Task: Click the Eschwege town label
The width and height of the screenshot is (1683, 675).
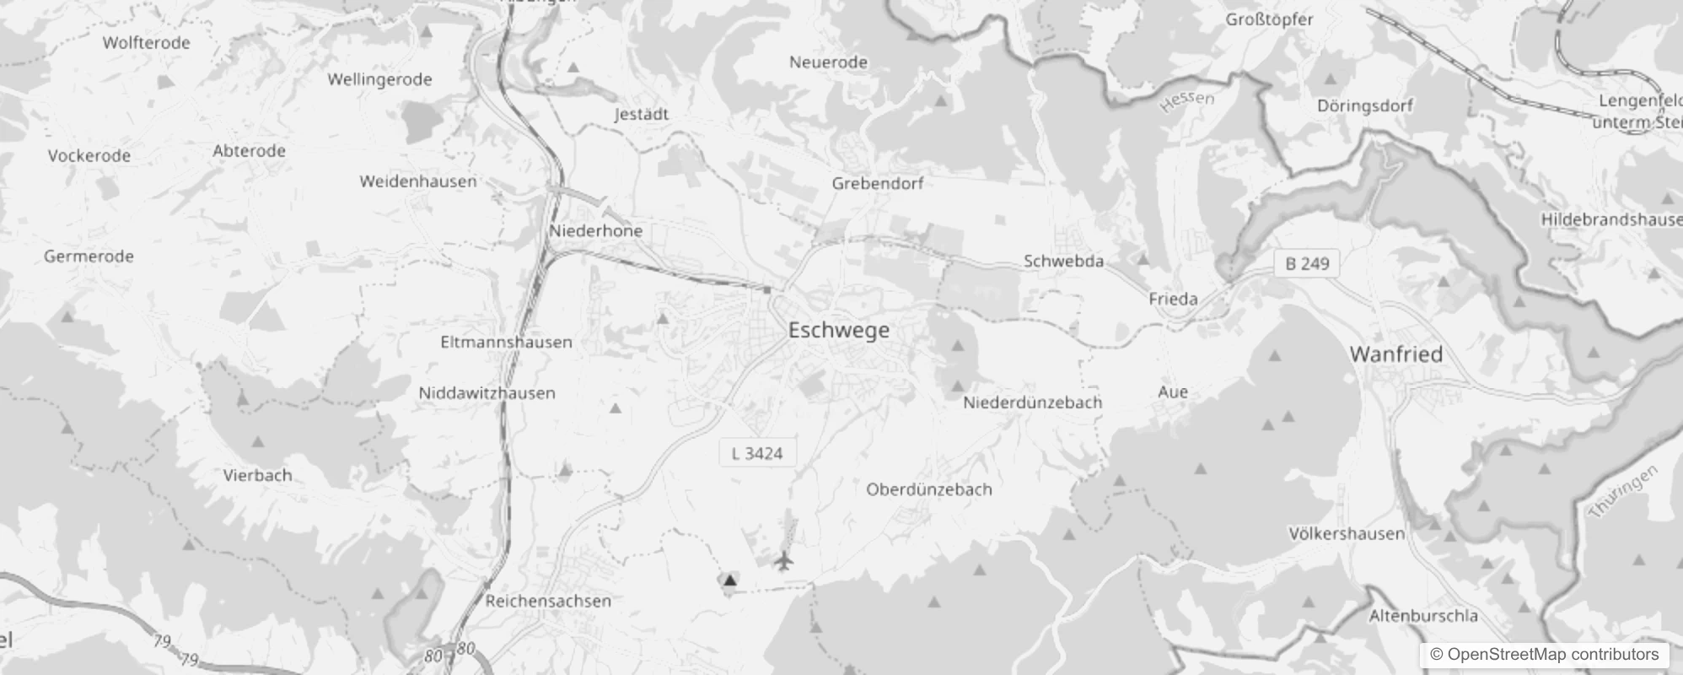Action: pos(838,330)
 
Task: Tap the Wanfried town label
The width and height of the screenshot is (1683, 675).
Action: pos(1395,354)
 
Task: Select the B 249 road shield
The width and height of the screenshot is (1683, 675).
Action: pos(1306,264)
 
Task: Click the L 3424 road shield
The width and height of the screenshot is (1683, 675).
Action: pos(757,454)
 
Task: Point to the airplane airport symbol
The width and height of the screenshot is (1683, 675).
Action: pos(784,560)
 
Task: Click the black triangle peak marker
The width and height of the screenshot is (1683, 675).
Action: pos(730,580)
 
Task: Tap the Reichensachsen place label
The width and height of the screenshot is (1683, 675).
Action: pos(548,602)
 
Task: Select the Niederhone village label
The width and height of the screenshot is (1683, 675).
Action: pos(595,231)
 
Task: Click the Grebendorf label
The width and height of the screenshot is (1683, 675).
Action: pos(877,184)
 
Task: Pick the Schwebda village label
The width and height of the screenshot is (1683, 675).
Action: pos(1063,262)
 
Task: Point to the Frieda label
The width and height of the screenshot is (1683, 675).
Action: pos(1173,299)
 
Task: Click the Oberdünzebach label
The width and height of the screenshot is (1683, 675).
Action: pos(928,489)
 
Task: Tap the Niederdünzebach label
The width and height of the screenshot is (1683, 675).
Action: pos(1032,403)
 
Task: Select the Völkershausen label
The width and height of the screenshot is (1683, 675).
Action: pos(1347,534)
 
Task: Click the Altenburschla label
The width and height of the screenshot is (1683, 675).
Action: pos(1423,616)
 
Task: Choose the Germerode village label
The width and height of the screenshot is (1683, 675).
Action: pos(89,256)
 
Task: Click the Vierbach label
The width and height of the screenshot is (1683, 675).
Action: pos(257,476)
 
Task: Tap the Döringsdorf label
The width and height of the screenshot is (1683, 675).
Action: pos(1364,106)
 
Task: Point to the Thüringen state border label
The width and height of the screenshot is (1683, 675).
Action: pos(1623,492)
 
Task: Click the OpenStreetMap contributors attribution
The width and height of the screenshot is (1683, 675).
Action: pos(1544,655)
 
